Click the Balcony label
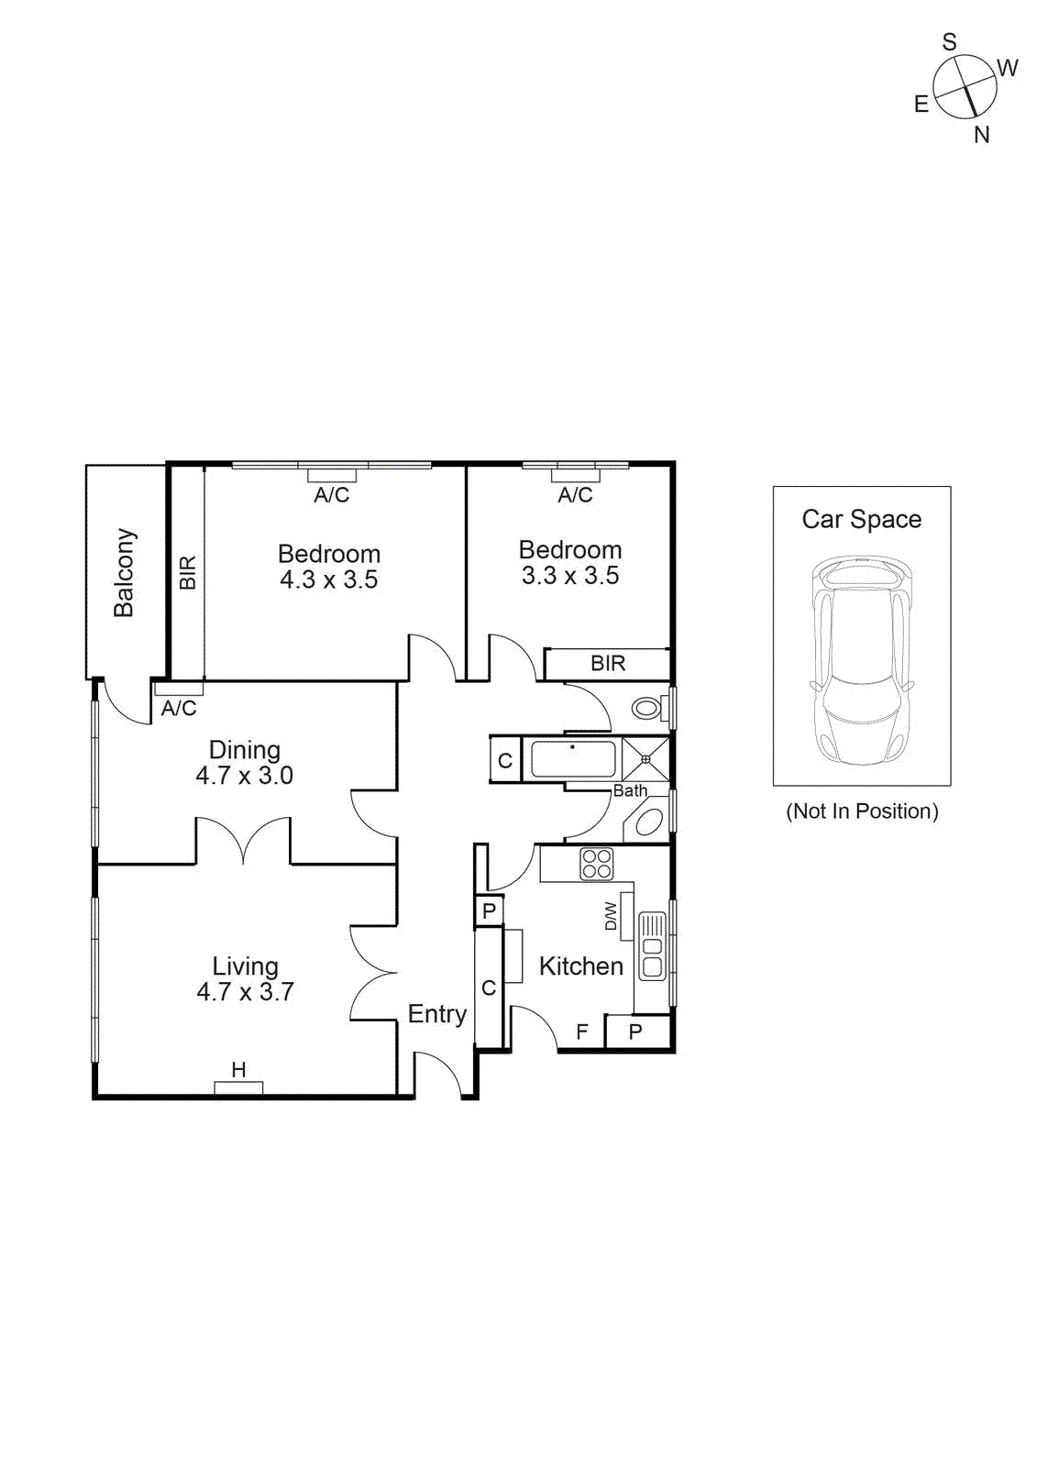(x=124, y=572)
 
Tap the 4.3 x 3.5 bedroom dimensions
(x=328, y=579)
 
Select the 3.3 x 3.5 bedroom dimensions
(x=570, y=576)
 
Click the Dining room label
(x=244, y=750)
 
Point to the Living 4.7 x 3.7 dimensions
(x=245, y=992)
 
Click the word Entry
(x=436, y=1014)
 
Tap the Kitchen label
(x=580, y=966)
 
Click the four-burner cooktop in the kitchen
(x=597, y=864)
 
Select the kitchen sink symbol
(x=652, y=946)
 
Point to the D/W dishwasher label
(x=612, y=916)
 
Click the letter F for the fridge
(x=581, y=1032)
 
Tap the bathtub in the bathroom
(x=573, y=759)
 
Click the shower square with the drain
(x=645, y=759)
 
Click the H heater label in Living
(x=238, y=1069)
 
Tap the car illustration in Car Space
(x=861, y=660)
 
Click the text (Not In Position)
(x=862, y=811)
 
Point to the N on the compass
(x=982, y=135)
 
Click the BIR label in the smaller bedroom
(x=608, y=663)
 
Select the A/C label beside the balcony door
(x=179, y=708)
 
